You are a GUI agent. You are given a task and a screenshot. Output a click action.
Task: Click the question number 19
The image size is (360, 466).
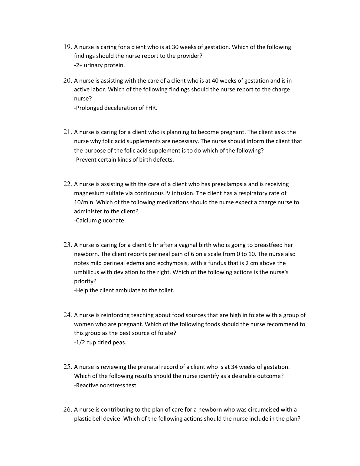point(67,47)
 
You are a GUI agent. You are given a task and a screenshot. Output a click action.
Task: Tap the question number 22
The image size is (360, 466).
point(67,184)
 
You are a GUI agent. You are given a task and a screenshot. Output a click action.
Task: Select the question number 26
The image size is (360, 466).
point(67,409)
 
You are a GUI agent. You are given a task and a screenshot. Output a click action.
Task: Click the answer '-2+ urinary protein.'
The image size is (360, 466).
point(100,65)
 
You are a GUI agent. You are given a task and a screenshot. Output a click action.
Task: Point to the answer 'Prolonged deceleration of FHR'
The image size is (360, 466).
point(116,108)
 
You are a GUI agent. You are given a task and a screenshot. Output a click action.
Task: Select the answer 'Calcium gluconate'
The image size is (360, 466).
point(100,221)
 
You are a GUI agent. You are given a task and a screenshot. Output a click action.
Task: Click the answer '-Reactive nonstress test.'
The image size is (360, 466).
point(106,386)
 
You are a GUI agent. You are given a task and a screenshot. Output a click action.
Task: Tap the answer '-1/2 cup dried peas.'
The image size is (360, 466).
point(100,343)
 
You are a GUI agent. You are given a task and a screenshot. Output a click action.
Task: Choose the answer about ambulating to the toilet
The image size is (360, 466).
point(124,290)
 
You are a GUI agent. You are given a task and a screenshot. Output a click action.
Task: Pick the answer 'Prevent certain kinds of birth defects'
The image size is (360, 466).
point(124,160)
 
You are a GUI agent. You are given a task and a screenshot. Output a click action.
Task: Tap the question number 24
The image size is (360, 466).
point(67,315)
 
